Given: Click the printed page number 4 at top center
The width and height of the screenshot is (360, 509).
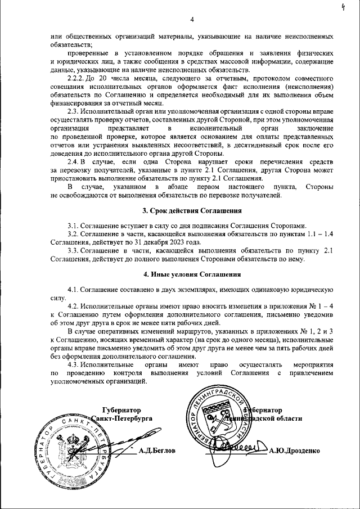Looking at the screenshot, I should (x=192, y=20).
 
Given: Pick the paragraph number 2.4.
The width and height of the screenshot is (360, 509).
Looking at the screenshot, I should (x=73, y=161).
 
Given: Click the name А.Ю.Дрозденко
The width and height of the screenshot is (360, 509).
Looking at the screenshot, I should (x=294, y=451).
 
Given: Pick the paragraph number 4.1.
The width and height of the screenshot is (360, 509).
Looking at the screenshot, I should (x=73, y=289).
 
